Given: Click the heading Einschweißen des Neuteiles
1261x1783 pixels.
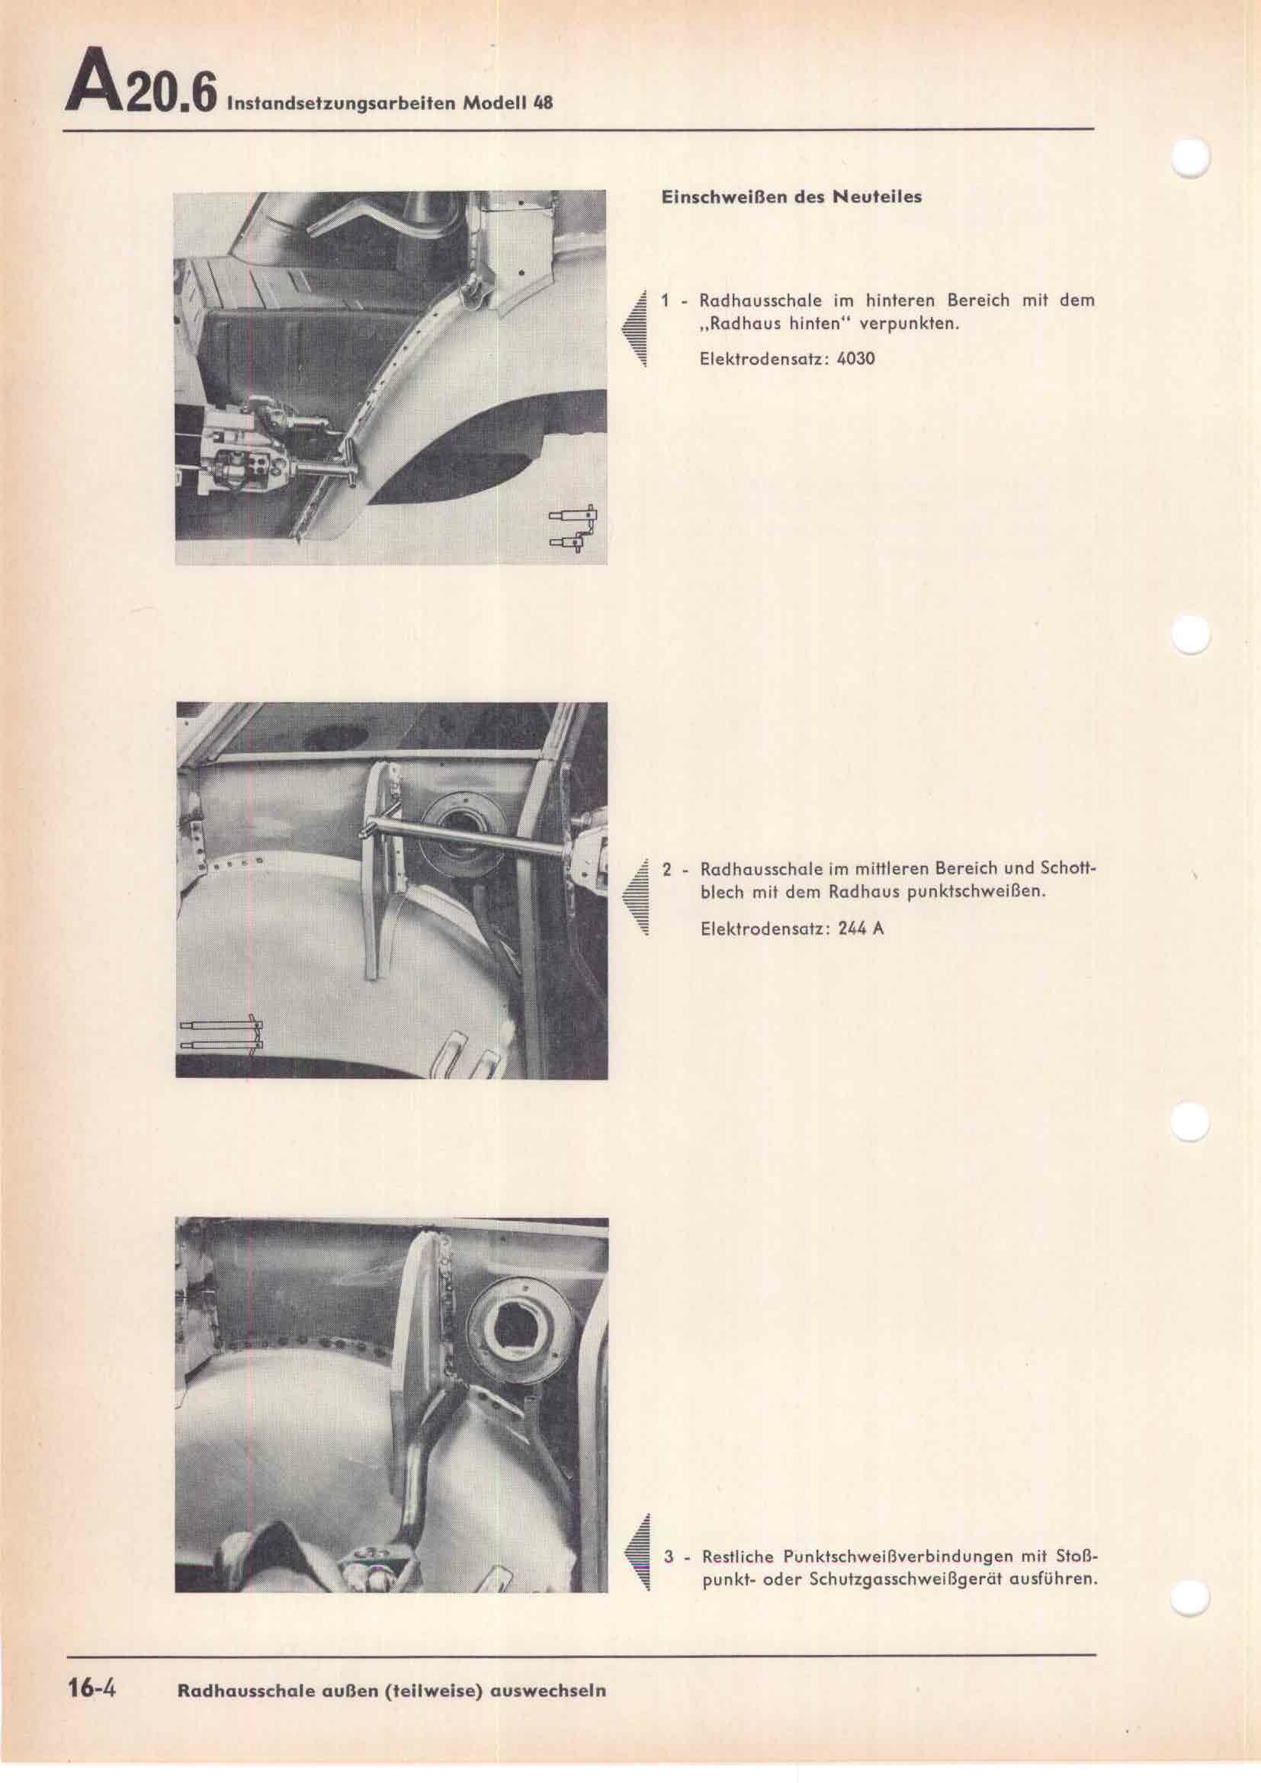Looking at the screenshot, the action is click(x=791, y=197).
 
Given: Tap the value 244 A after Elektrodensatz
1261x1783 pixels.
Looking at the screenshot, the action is click(x=861, y=928).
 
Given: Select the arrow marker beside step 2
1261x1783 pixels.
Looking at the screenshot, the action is click(x=634, y=898).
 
